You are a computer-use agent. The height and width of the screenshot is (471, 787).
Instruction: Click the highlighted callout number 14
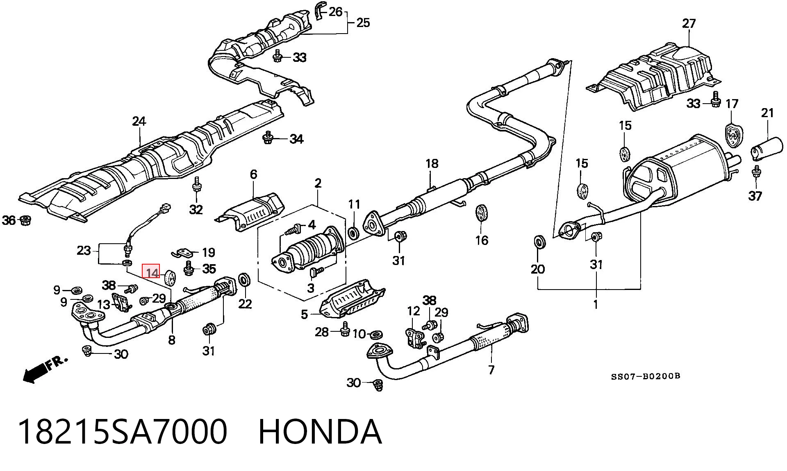click(151, 272)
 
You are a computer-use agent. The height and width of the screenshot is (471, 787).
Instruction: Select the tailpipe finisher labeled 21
click(767, 150)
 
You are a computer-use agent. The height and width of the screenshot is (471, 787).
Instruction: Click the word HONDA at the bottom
click(320, 432)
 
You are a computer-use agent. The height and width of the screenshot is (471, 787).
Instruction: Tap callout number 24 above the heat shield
click(139, 121)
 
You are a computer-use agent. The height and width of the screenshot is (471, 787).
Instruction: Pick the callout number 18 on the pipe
click(432, 164)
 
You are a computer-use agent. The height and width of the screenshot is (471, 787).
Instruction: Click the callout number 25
click(363, 23)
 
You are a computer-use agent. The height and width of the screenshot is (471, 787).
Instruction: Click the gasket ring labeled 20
click(540, 242)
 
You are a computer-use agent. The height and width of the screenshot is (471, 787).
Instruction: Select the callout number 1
click(596, 304)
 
